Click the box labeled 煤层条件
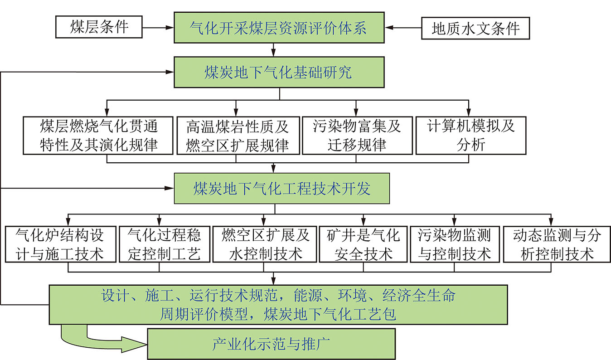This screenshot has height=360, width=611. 99,27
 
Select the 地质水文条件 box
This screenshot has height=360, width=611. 475,29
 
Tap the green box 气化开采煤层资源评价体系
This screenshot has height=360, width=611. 279,28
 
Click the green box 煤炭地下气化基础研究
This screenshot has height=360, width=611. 279,73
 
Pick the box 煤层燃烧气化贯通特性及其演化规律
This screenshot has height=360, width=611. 98,136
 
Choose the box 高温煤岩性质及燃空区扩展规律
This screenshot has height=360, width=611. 238,136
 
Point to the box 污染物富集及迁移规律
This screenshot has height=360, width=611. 357,136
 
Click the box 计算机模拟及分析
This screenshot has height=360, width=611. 471,136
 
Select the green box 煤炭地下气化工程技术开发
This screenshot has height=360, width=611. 282,188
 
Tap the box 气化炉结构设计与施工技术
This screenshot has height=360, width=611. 61,244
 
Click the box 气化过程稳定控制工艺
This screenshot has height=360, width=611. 165,244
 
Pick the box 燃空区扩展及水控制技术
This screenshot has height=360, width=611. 265,244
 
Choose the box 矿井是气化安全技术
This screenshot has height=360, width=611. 364,244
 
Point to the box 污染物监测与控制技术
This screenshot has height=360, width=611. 455,244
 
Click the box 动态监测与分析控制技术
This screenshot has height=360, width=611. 557,244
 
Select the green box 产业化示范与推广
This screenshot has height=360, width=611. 272,344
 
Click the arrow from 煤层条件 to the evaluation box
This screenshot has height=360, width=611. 158,27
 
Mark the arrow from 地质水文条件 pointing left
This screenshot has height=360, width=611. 403,28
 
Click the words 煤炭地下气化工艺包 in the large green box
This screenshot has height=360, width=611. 330,314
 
